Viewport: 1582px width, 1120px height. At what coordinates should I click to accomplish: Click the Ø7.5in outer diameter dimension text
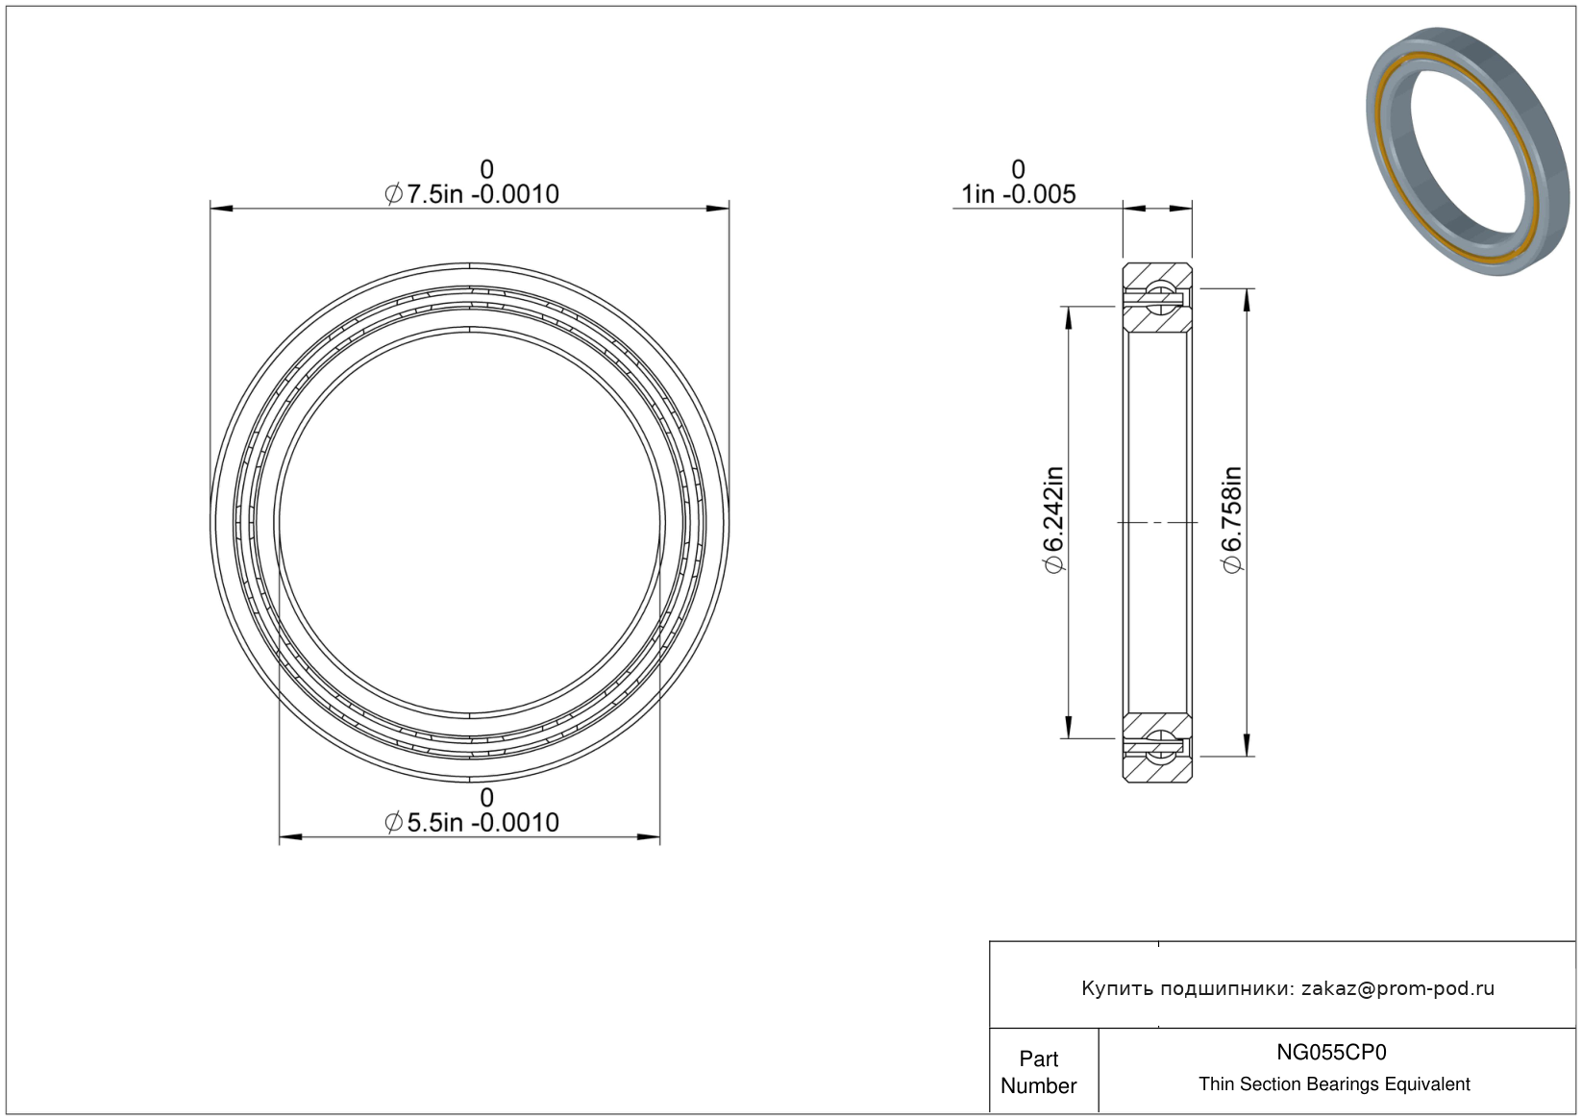tap(471, 194)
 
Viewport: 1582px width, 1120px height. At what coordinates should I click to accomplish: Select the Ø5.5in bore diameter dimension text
tap(471, 823)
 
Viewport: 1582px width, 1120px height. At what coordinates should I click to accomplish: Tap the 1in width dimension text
tap(1019, 194)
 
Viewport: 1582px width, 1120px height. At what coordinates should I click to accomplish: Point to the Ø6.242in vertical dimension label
tap(1053, 520)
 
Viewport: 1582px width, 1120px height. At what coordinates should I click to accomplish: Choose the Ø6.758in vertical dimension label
tap(1232, 520)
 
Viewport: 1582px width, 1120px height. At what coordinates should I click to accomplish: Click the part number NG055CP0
tap(1331, 1052)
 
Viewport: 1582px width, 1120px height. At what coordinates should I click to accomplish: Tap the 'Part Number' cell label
tap(1038, 1072)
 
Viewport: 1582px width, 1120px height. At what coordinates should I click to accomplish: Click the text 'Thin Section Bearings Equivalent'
tap(1334, 1084)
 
